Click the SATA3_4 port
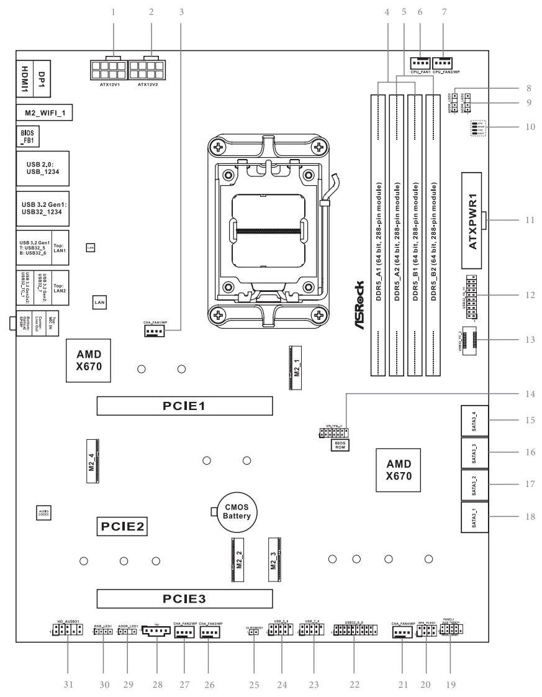(475, 421)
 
